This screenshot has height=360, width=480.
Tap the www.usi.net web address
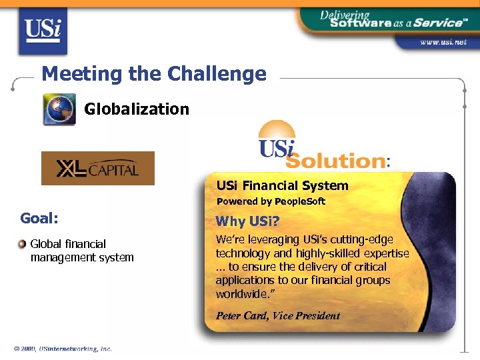tap(442, 42)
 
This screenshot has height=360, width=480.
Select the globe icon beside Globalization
tap(59, 109)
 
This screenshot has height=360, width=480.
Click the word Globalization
tap(137, 109)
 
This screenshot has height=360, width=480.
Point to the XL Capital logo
tap(98, 168)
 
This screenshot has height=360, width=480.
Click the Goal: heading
tap(39, 218)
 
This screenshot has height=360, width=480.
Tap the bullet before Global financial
tap(23, 243)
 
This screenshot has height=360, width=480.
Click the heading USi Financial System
tap(282, 185)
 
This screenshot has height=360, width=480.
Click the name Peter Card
tap(241, 316)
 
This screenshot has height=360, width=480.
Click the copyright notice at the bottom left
tap(63, 349)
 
